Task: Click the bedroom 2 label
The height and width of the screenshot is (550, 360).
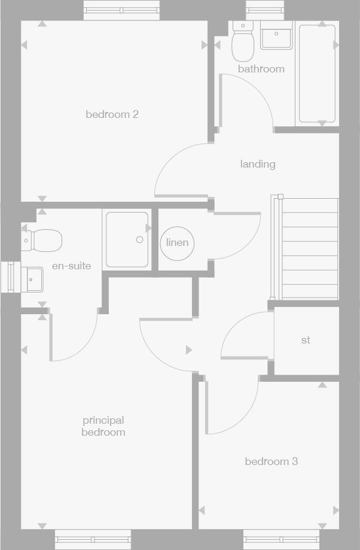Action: tap(112, 114)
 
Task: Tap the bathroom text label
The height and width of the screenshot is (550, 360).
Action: tap(261, 69)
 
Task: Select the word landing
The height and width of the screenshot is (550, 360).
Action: tap(258, 164)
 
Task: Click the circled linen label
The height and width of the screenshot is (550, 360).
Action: tap(177, 242)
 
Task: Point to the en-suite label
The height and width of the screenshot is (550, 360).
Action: tap(71, 266)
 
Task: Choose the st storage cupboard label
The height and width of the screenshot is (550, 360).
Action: tap(306, 341)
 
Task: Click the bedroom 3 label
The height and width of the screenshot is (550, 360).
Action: tap(271, 461)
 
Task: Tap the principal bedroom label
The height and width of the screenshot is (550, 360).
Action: tap(103, 426)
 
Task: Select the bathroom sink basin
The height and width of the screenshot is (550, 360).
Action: tap(276, 35)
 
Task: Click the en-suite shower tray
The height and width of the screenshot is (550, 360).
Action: tap(127, 239)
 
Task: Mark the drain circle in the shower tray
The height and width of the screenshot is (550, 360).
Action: tap(139, 239)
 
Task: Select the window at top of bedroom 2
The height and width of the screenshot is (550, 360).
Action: tap(121, 10)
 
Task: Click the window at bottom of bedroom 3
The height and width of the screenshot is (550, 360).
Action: tap(281, 540)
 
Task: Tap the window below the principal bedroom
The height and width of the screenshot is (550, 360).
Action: tap(93, 540)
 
